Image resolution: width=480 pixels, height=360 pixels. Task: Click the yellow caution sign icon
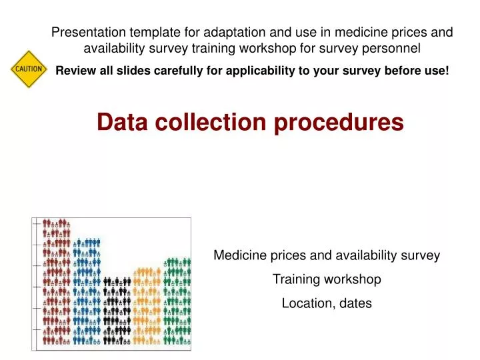[28, 69]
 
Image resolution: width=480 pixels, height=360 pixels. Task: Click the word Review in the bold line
[75, 70]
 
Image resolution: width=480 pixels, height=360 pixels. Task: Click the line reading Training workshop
[327, 279]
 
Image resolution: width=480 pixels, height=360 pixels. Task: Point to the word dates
[357, 303]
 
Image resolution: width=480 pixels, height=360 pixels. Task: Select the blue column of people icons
[87, 293]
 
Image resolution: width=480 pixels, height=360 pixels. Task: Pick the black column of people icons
[117, 310]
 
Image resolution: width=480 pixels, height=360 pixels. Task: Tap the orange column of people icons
[147, 307]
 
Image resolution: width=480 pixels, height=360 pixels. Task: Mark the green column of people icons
[177, 300]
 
